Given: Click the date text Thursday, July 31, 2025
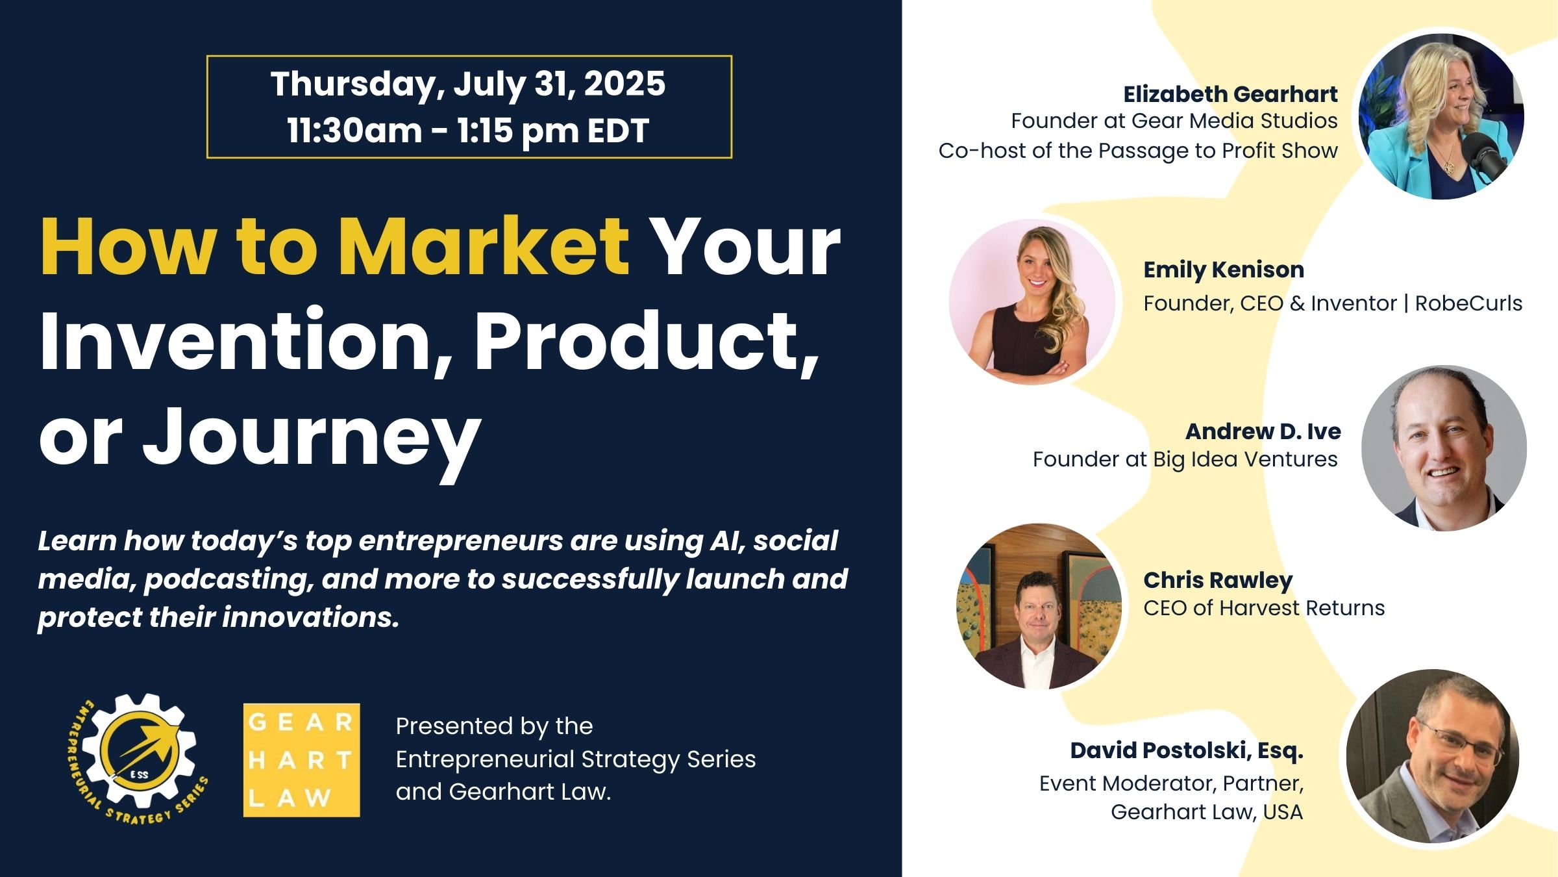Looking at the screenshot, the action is coord(468,84).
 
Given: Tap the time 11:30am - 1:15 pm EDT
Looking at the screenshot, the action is coord(468,131).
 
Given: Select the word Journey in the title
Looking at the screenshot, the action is coord(312,440).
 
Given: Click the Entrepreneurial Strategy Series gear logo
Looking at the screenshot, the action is coord(138,759).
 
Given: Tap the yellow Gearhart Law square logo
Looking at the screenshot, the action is coord(301,760).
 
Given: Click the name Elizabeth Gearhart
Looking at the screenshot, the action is coord(1230,94).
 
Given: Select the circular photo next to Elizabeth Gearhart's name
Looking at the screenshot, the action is coord(1441,116).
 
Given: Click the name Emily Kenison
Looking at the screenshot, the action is coord(1224,270).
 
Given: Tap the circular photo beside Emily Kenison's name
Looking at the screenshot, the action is coord(1032,302).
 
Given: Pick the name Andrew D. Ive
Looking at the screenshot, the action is coord(1263,431).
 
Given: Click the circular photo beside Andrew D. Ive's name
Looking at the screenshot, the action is coord(1444,448).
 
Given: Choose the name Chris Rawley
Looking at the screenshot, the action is coord(1218,581).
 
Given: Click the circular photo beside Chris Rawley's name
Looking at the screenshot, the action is coord(1039,606).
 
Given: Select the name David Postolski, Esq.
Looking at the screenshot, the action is coord(1187,751).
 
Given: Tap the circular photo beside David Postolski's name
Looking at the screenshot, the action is coord(1433,756).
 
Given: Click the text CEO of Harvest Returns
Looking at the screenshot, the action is coord(1264,608).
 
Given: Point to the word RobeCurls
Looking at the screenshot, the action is coord(1468,303).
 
